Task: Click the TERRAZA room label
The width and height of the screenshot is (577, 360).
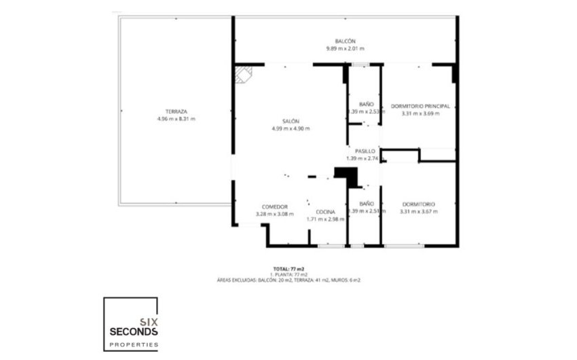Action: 175,111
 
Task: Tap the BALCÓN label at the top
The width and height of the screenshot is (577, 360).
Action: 345,41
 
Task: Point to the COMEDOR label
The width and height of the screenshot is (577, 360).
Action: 275,206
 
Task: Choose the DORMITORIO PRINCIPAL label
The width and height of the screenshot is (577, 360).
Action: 420,106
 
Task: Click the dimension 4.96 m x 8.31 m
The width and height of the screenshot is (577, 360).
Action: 175,119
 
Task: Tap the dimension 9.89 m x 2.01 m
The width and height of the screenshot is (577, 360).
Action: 345,49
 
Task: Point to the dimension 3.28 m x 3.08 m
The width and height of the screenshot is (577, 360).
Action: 275,214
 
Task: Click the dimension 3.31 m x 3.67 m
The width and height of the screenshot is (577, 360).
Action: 419,211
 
